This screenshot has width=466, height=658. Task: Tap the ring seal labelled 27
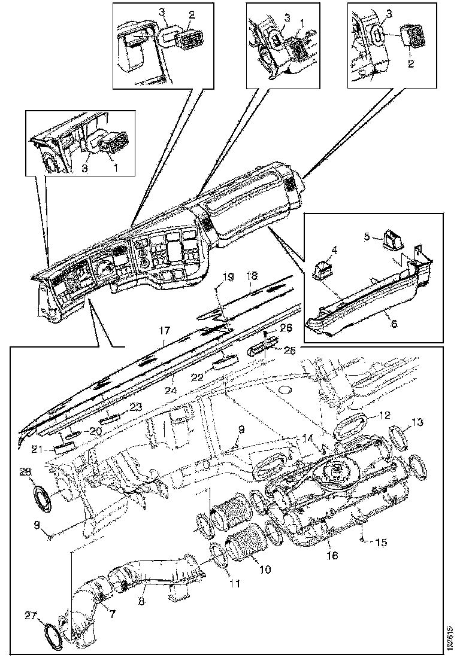[x=55, y=632]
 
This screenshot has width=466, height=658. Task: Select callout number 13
[x=417, y=423]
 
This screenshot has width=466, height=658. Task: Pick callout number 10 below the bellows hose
[x=265, y=569]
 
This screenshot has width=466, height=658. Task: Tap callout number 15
[x=381, y=543]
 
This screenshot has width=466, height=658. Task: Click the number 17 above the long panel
[x=165, y=330]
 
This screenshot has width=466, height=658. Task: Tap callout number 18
[x=252, y=276]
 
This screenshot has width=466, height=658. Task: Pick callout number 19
[x=228, y=276]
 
